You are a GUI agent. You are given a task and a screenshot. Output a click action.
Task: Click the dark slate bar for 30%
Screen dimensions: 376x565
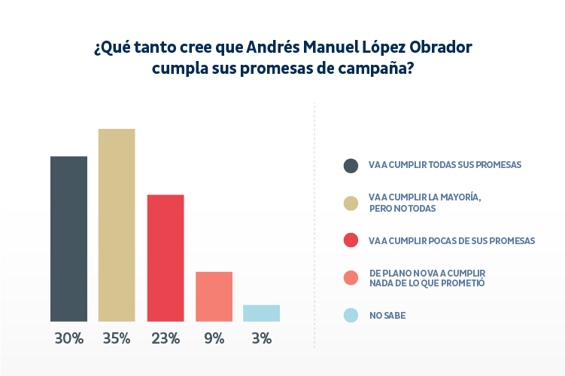pyautogui.click(x=68, y=239)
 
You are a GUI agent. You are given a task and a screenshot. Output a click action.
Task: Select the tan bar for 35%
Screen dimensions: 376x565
pyautogui.click(x=117, y=225)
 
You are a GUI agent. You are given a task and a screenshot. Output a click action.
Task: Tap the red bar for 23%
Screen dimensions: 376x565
pyautogui.click(x=166, y=258)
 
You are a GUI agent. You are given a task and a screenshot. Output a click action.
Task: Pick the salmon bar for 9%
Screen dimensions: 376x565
pyautogui.click(x=214, y=297)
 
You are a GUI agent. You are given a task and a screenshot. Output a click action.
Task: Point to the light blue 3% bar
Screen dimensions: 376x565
pyautogui.click(x=262, y=313)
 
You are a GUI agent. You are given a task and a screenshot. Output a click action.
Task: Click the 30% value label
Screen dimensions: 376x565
pyautogui.click(x=68, y=338)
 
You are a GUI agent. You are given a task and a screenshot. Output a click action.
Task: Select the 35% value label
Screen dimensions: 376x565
pyautogui.click(x=117, y=338)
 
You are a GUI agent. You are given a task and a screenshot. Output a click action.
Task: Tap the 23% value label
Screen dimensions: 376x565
pyautogui.click(x=166, y=338)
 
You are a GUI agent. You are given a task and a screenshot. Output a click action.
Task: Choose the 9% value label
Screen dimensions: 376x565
pyautogui.click(x=214, y=338)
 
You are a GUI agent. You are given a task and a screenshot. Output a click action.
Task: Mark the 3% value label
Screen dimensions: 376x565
pyautogui.click(x=262, y=338)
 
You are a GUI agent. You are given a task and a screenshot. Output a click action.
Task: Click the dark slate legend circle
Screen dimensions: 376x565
pyautogui.click(x=351, y=166)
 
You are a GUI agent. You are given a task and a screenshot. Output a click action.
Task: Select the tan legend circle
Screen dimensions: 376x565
pyautogui.click(x=351, y=203)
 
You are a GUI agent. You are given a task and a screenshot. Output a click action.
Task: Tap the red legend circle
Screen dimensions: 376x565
pyautogui.click(x=351, y=240)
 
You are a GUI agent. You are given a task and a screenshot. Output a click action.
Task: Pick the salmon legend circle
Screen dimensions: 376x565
pyautogui.click(x=351, y=278)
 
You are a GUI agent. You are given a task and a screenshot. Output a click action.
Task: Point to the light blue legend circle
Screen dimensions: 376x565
pyautogui.click(x=351, y=316)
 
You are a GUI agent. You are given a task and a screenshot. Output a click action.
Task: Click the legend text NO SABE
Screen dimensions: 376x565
pyautogui.click(x=387, y=316)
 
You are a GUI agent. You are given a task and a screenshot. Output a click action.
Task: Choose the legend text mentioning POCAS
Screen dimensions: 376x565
pyautogui.click(x=451, y=240)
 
